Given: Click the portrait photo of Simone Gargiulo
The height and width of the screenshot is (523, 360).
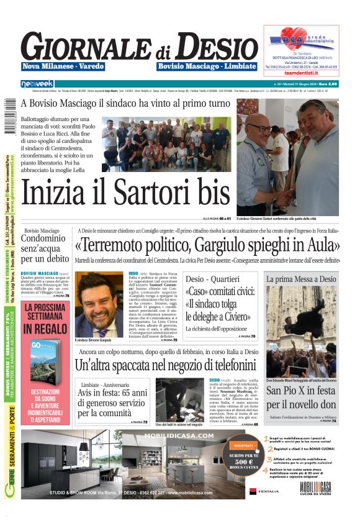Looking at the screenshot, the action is (x=99, y=304).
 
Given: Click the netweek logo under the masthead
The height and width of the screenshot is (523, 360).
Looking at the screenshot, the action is (x=37, y=84).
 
